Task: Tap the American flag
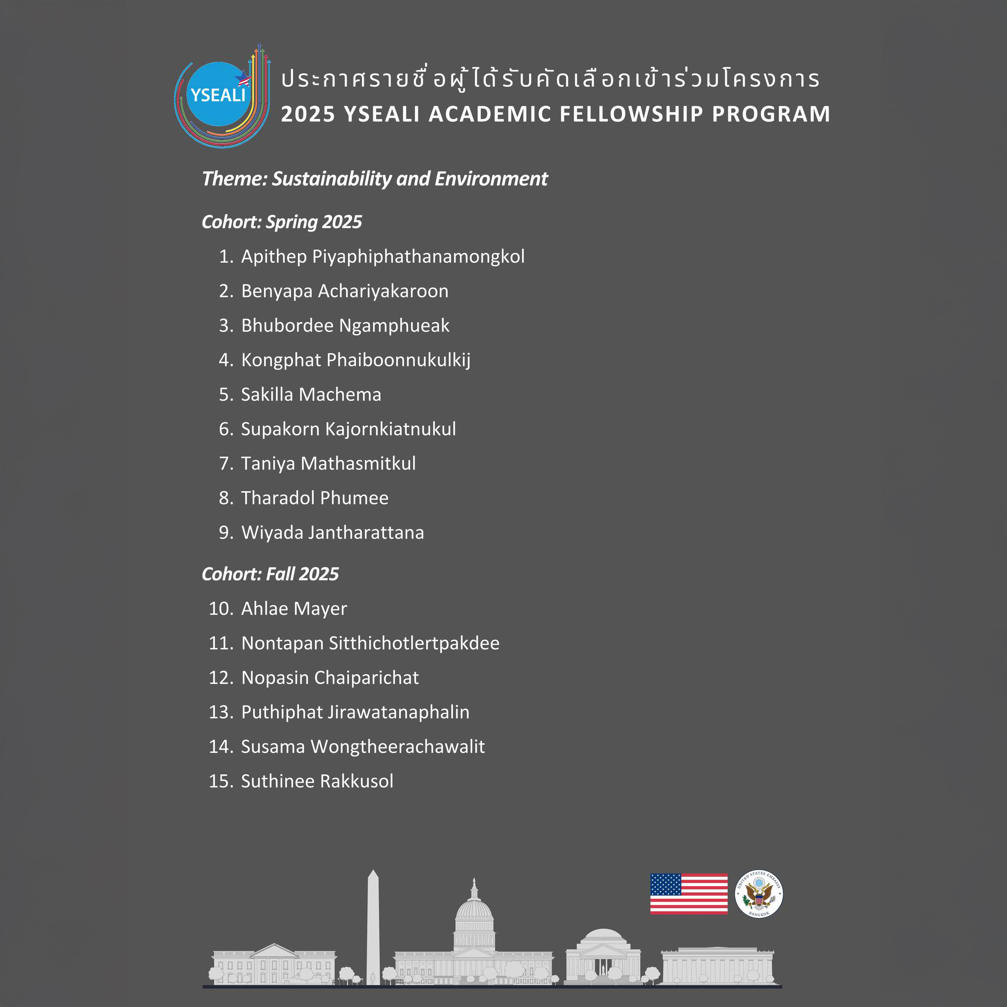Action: point(688,893)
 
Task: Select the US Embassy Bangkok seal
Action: point(758,893)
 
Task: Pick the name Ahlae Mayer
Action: point(294,608)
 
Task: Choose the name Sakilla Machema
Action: point(311,394)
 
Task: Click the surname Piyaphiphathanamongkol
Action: point(418,257)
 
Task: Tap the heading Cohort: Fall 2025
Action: point(270,574)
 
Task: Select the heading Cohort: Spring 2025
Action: point(281,222)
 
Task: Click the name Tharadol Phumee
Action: point(314,498)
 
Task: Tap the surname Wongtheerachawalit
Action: point(398,746)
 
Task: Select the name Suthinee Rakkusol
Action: point(317,781)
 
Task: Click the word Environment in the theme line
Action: point(491,179)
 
